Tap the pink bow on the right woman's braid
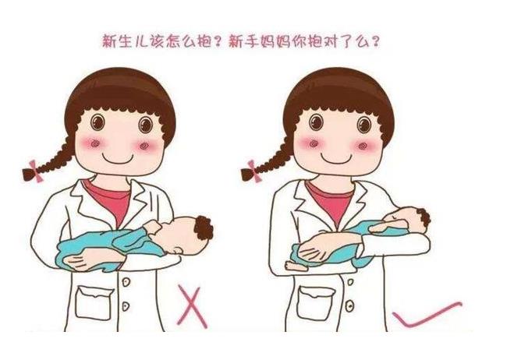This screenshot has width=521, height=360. coord(254,171)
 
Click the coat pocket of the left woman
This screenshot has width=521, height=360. coord(94,302)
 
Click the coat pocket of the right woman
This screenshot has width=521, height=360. coord(316,303)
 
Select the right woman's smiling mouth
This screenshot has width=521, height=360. coord(336,159)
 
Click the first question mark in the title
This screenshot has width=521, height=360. coord(218,42)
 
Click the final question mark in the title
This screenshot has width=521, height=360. coord(375,42)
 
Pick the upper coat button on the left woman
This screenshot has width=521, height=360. coord(126,282)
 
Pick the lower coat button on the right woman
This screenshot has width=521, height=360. coord(349,305)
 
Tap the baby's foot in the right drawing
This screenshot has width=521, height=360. coord(295,266)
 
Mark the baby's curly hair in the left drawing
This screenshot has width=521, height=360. coord(204,228)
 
